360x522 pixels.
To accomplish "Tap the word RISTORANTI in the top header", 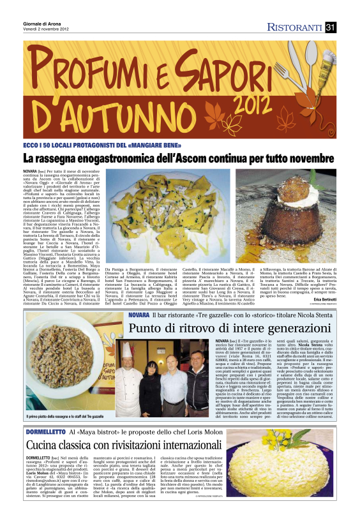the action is pyautogui.click(x=295, y=27).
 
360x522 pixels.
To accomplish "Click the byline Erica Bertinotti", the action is pyautogui.click(x=324, y=281).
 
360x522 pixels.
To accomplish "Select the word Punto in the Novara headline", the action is pyautogui.click(x=144, y=328).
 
